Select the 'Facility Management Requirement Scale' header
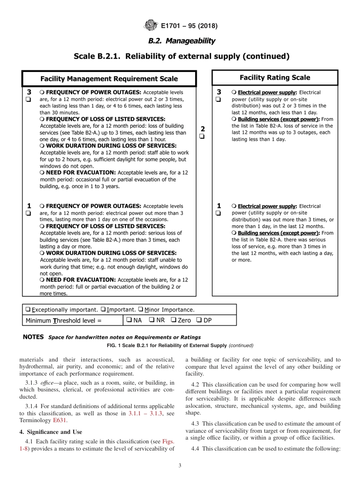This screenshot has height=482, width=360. click(109, 79)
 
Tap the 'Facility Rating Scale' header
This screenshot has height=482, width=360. click(275, 78)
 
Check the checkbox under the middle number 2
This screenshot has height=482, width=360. click(202, 136)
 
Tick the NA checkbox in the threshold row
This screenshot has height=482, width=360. click(129, 320)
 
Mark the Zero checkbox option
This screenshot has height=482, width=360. click(174, 320)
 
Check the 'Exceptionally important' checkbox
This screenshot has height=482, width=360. click(28, 310)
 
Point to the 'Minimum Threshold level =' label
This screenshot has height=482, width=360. click(64, 321)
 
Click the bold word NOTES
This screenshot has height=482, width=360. click(33, 337)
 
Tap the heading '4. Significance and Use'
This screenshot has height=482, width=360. click(50, 432)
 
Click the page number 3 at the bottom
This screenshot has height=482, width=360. click(180, 466)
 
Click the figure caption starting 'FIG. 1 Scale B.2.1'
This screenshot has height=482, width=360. click(180, 345)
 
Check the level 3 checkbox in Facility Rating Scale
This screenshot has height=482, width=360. click(218, 100)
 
